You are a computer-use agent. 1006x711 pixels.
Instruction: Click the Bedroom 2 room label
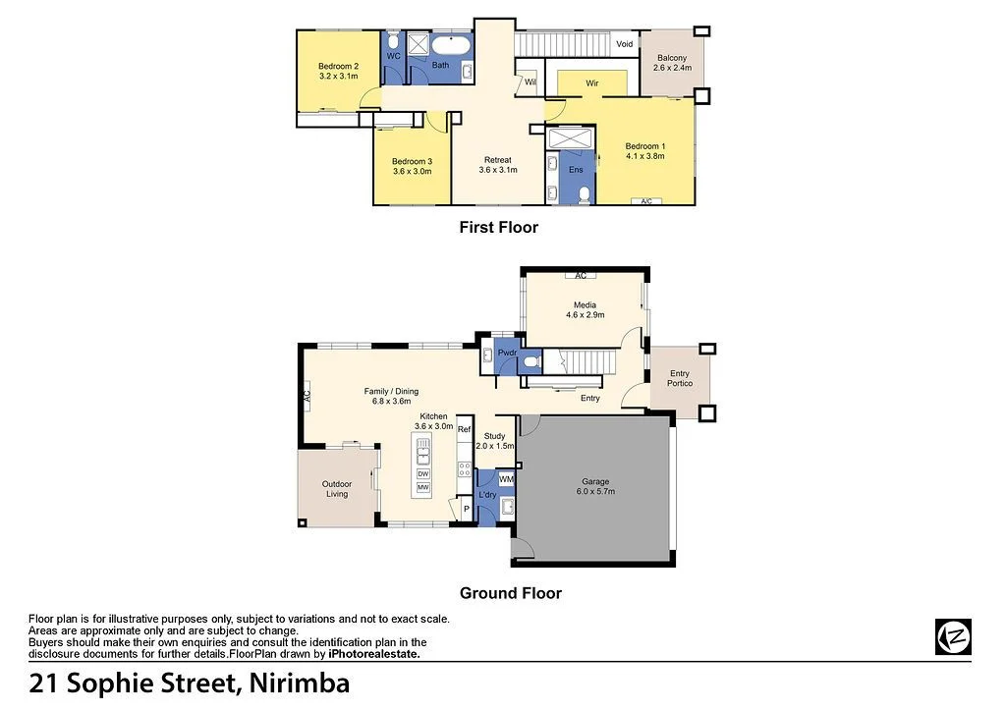[x=338, y=66]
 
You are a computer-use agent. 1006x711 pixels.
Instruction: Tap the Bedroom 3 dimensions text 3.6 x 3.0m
[x=413, y=171]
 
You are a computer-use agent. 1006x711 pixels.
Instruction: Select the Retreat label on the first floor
[x=497, y=160]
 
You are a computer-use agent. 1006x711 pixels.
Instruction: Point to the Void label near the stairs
[x=625, y=44]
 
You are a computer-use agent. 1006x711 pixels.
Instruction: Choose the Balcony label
[x=673, y=58]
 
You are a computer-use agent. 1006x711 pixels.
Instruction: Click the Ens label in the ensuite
[x=576, y=170]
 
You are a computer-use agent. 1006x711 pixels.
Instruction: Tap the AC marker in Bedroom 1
[x=645, y=201]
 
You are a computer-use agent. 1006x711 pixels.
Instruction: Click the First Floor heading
[x=499, y=227]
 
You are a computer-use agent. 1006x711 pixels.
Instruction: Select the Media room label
[x=585, y=304]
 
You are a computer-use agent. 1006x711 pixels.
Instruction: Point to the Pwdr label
[x=507, y=353]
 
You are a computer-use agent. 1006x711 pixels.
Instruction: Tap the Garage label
[x=595, y=481]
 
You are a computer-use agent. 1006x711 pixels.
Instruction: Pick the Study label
[x=494, y=436]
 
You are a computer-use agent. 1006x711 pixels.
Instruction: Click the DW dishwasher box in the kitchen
[x=423, y=473]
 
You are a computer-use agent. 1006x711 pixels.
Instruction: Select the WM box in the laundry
[x=506, y=479]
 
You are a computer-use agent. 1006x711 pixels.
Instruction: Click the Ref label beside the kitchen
[x=464, y=430]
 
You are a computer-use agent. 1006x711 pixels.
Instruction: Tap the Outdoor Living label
[x=336, y=488]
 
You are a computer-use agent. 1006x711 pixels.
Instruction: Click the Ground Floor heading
[x=511, y=593]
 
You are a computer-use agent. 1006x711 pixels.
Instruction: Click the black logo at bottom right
[x=953, y=636]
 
